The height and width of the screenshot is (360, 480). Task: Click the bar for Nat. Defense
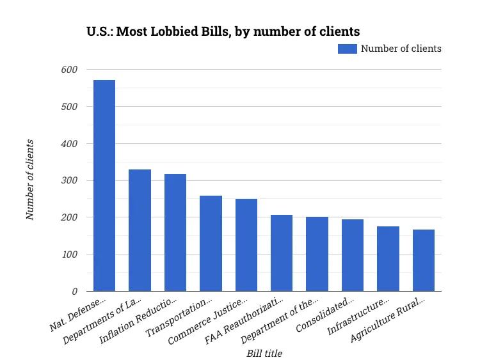104,185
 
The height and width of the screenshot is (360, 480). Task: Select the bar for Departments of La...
140,230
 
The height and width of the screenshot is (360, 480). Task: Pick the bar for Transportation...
211,243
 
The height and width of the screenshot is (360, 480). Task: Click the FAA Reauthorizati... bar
282,253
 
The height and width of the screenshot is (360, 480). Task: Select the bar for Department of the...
317,254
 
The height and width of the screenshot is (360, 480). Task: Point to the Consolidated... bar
353,255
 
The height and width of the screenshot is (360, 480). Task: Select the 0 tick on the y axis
74,292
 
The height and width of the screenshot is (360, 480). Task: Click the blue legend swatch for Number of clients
348,49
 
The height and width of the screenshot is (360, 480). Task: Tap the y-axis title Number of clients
30,180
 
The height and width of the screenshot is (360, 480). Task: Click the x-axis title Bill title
264,353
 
